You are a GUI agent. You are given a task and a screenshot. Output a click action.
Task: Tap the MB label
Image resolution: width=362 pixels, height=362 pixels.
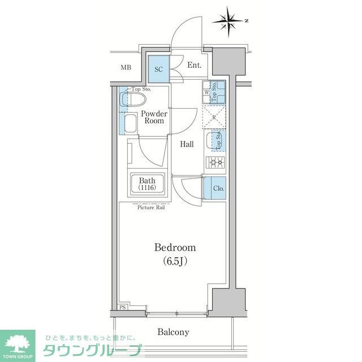tap(126, 68)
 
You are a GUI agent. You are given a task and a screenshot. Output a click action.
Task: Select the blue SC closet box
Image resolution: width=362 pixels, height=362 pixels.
tap(159, 70)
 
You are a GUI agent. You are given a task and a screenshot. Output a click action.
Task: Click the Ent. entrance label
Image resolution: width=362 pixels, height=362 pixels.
tap(195, 66)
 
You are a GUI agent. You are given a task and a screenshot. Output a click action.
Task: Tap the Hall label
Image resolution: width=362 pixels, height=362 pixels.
tap(187, 144)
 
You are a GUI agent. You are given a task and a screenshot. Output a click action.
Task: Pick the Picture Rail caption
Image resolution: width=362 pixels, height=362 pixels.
tap(152, 208)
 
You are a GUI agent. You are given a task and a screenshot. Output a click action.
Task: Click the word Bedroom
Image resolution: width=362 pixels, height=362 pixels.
tap(175, 247)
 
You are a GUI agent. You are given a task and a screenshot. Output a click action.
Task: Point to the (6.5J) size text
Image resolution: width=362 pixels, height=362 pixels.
tap(175, 261)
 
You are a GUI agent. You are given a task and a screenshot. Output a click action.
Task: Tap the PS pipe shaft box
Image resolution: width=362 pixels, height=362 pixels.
tap(123, 308)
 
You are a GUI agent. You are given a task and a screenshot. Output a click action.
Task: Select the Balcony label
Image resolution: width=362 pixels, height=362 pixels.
tap(173, 332)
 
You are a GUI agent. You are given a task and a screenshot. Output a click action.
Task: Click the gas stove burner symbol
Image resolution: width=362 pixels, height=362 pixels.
tap(216, 163)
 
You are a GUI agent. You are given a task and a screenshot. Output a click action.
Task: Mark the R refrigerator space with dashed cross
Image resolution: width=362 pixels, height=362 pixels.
tap(216, 118)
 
